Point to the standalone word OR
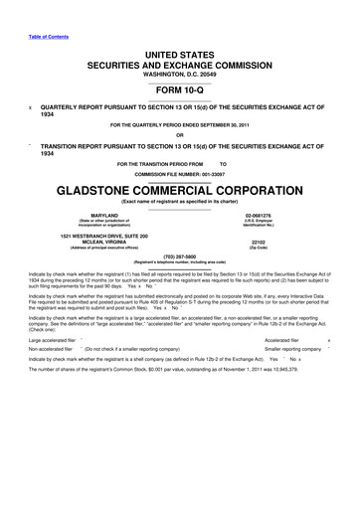click(180, 135)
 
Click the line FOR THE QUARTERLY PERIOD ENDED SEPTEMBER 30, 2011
click(180, 125)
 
